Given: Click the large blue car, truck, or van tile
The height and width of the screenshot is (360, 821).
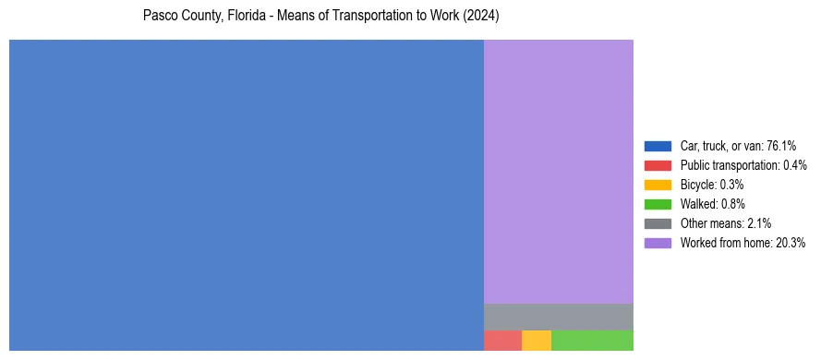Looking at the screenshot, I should (246, 195).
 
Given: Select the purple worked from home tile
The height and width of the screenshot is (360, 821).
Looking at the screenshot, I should (558, 172).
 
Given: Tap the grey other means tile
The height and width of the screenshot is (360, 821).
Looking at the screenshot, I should (558, 317).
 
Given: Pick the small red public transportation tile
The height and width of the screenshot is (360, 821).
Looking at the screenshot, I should (502, 340).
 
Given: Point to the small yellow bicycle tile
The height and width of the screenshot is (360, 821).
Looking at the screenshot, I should (536, 340).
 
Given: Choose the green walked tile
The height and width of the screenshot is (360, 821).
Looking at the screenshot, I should (592, 340).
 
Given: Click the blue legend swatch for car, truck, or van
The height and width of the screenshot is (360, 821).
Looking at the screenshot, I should (658, 146).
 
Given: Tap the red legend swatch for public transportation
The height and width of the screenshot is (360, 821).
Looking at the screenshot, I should (658, 165).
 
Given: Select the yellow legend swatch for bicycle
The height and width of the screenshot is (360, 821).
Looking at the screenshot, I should (658, 185).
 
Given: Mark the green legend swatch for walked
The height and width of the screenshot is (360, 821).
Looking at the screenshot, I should (658, 204).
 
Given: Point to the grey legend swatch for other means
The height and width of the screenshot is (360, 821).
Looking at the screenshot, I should (658, 223).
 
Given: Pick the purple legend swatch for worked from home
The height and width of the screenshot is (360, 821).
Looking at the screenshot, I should (658, 243).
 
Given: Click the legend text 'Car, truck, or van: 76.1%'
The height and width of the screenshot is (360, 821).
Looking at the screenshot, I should (738, 146).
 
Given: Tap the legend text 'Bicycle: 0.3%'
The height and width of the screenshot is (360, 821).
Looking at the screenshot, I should (712, 185).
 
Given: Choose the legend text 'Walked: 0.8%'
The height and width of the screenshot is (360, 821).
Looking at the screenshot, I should (712, 204).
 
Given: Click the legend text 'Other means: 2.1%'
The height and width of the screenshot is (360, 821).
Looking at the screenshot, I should (725, 223).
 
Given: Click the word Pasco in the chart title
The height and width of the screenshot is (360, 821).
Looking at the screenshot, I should (159, 17).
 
